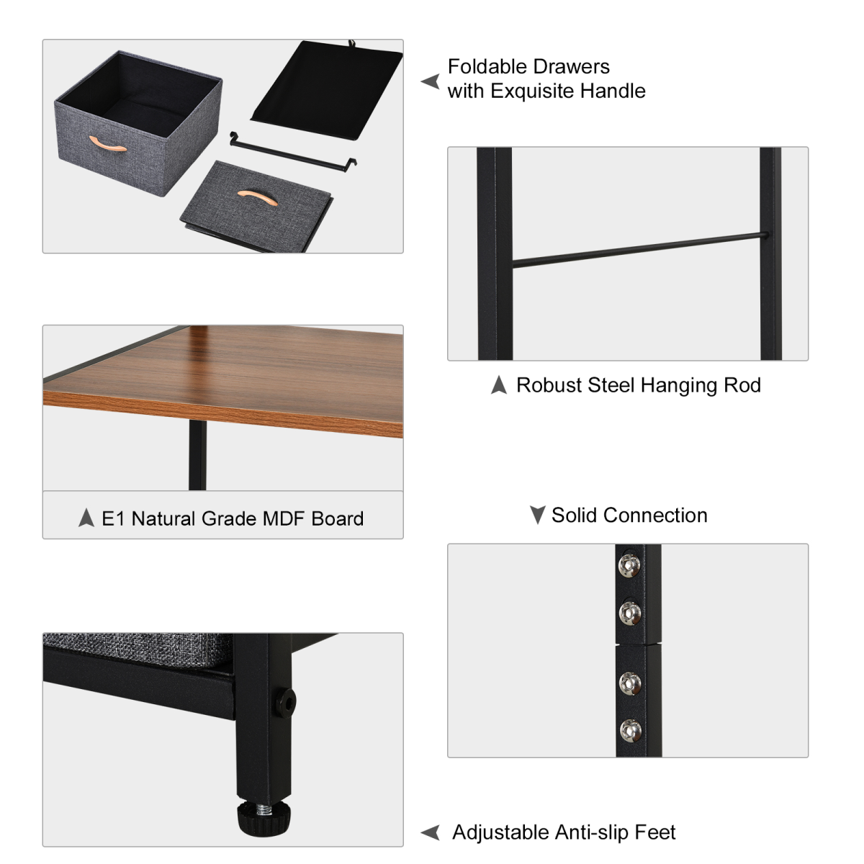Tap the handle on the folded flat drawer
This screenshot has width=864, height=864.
(x=256, y=197)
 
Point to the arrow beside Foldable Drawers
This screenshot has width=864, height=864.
(x=430, y=81)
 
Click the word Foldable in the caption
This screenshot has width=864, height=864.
(x=487, y=67)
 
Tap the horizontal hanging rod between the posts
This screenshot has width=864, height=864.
(x=637, y=249)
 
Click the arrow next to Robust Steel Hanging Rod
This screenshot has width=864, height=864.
(x=498, y=385)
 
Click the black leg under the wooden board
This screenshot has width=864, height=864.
(x=197, y=456)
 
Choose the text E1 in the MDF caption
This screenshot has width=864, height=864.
(x=113, y=518)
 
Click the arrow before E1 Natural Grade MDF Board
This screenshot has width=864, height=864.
(x=86, y=518)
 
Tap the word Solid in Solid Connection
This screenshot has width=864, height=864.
(x=574, y=516)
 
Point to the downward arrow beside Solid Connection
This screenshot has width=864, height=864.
(x=537, y=515)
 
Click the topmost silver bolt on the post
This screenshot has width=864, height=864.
(x=630, y=566)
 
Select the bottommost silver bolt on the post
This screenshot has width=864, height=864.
(x=630, y=730)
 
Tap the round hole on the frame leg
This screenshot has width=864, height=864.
(x=284, y=702)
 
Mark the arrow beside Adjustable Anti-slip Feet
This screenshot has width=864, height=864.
(x=431, y=833)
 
